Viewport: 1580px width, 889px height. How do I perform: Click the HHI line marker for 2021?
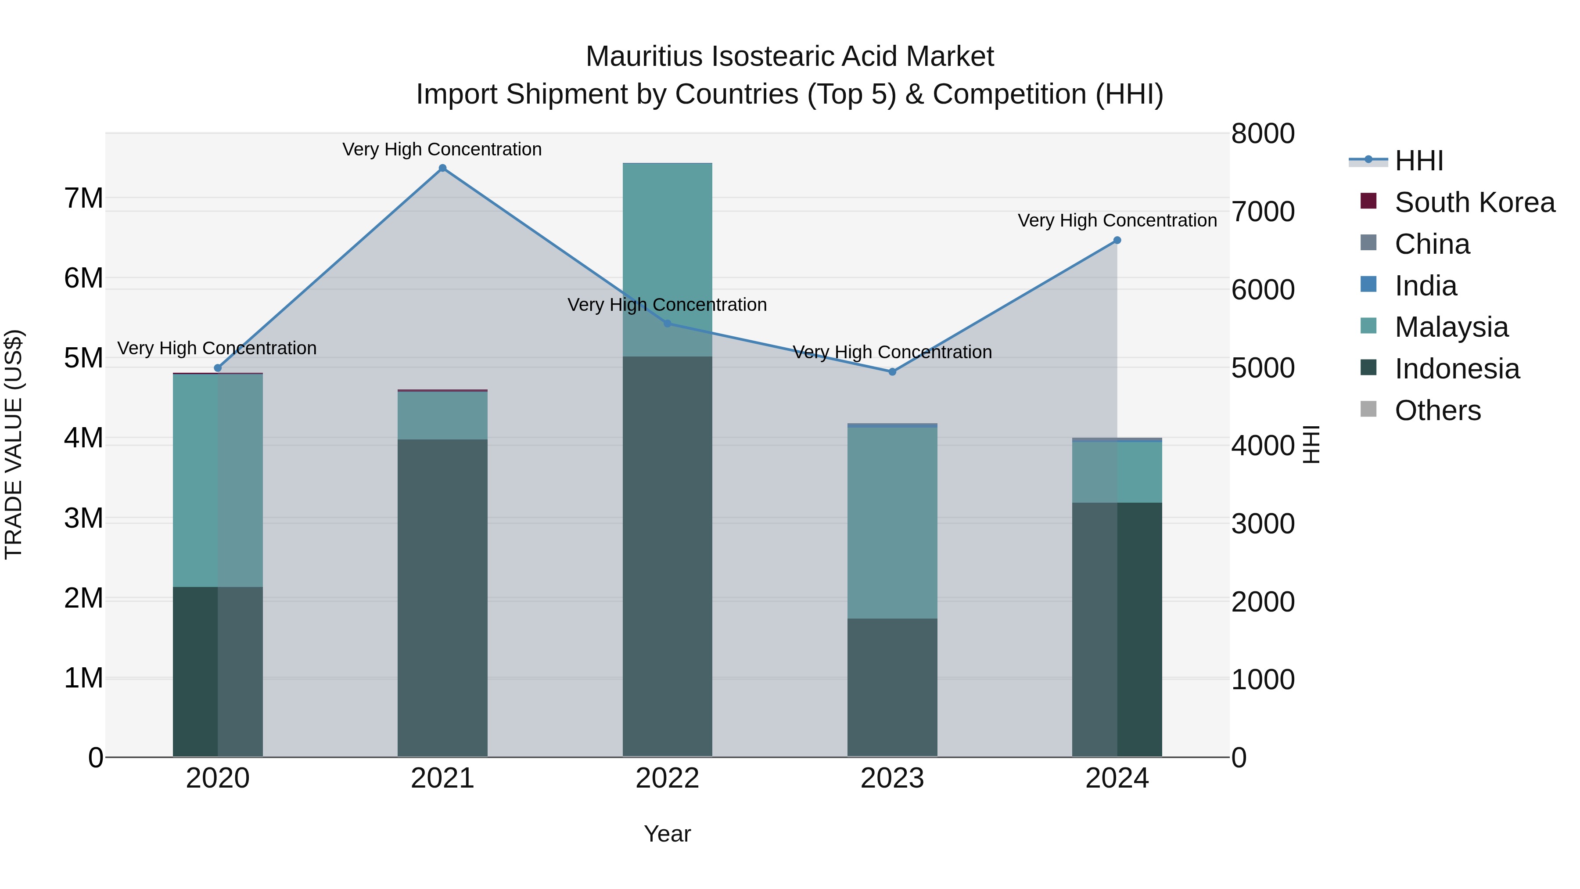pos(442,168)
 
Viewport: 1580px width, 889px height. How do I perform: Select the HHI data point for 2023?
pos(892,372)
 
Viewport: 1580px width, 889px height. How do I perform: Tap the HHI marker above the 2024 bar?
pos(1117,241)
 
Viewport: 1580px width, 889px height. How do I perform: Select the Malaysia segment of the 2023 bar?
pos(892,522)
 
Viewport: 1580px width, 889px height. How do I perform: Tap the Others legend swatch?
pos(1368,409)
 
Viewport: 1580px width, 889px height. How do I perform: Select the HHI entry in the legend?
pos(1418,161)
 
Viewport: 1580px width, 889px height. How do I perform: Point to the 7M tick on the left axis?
pos(84,198)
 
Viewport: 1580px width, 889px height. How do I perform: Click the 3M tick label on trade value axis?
pos(84,518)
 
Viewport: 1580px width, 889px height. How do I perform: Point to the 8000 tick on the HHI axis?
pos(1262,134)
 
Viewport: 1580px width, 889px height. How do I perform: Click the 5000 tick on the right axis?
pos(1262,368)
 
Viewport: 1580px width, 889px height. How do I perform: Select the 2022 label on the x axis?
pos(667,778)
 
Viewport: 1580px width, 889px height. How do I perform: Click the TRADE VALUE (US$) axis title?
pos(14,444)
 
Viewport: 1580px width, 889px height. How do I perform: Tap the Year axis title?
pos(667,834)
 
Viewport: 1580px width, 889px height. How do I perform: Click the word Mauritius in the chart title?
pos(643,57)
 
